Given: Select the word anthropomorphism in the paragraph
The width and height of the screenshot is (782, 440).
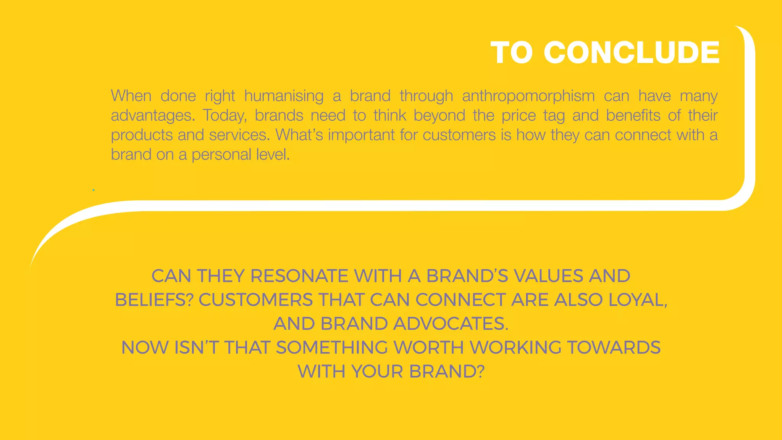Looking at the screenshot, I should coord(528,96).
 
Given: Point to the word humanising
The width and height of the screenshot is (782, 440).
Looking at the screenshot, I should coord(284,96).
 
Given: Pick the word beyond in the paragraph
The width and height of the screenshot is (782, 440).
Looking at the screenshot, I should coord(439,116).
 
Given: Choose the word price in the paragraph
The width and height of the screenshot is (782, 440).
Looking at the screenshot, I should coord(519,116).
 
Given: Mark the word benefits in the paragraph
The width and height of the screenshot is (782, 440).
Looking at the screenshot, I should coord(633,116).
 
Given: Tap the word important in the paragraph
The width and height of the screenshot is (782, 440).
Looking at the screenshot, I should coord(361,135).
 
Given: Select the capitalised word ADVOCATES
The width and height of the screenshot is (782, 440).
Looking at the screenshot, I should coord(451,324).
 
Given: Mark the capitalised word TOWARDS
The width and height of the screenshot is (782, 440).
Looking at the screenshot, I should coord(614,348).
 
